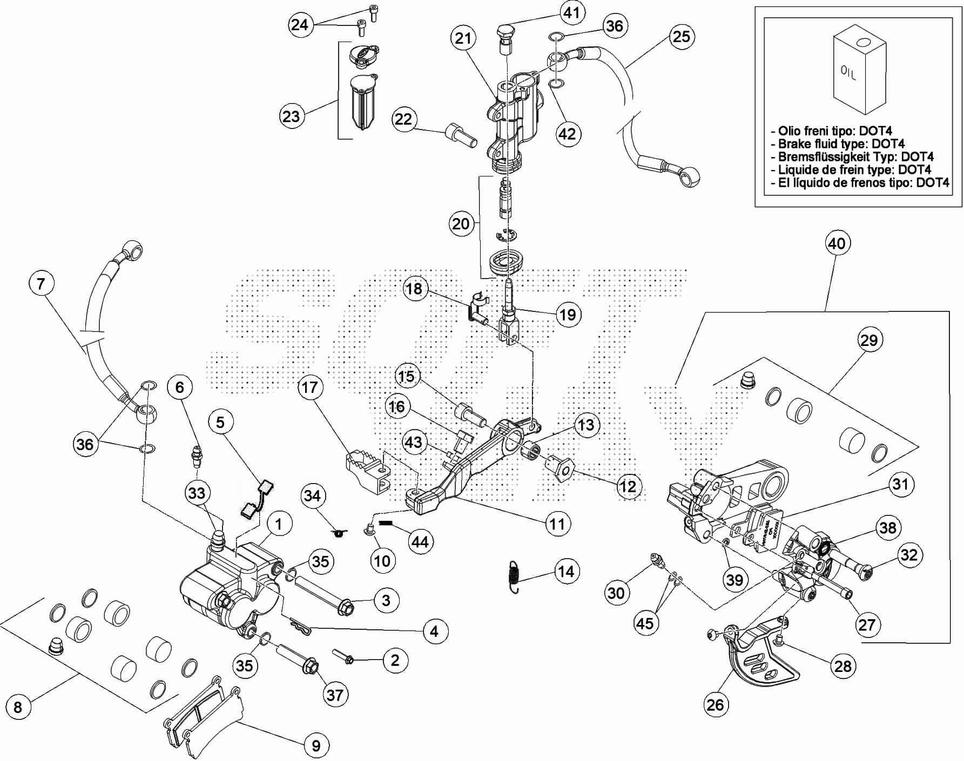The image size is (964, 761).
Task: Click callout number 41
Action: [571, 12]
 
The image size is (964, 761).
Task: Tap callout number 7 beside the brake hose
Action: [42, 283]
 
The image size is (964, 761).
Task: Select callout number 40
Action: [837, 243]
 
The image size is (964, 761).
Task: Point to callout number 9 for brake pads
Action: [316, 745]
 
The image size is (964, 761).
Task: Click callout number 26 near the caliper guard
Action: [715, 704]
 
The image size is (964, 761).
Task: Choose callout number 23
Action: [291, 116]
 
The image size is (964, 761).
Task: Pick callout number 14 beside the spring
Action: [566, 572]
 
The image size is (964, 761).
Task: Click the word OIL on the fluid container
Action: [848, 73]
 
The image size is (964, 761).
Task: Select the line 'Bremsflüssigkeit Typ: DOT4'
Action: [855, 157]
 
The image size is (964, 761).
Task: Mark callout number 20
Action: [461, 223]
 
